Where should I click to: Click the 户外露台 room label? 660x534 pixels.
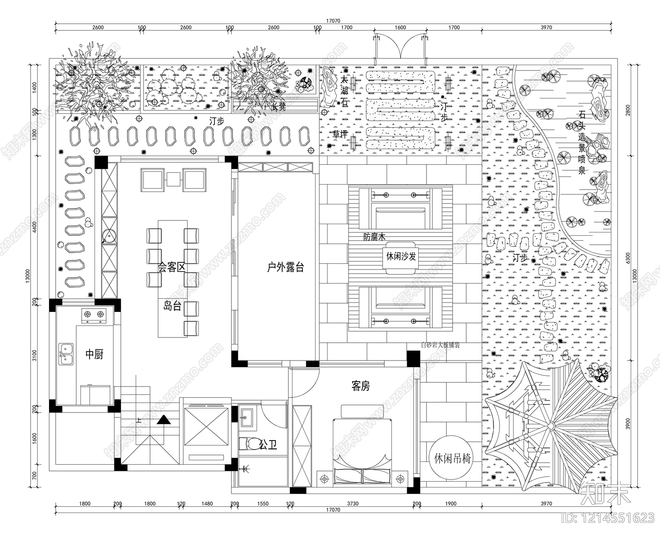click(x=285, y=267)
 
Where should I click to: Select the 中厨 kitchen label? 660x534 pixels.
click(x=94, y=354)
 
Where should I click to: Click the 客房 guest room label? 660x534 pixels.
click(x=361, y=386)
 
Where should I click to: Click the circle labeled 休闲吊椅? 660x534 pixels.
click(x=453, y=458)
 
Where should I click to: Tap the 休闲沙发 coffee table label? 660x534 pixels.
click(x=401, y=256)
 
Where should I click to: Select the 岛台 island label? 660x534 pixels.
click(x=172, y=305)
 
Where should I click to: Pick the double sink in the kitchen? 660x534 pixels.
click(x=66, y=354)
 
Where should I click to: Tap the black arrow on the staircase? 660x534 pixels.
click(x=163, y=420)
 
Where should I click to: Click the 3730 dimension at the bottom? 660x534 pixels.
click(x=353, y=504)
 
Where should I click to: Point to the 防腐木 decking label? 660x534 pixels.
click(x=374, y=237)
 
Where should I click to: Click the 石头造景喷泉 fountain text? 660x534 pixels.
click(x=582, y=142)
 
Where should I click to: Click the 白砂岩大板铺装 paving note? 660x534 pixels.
click(x=440, y=345)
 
